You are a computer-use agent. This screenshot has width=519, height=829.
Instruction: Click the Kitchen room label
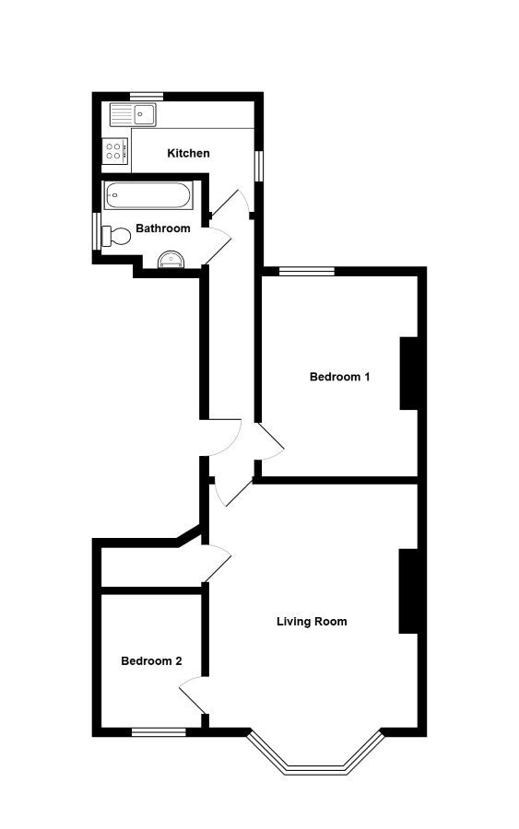(x=188, y=153)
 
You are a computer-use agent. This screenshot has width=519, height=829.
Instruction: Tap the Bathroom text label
(x=163, y=228)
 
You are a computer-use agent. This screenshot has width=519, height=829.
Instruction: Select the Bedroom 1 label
(x=339, y=377)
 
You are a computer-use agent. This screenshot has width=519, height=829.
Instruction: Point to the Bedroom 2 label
(x=151, y=660)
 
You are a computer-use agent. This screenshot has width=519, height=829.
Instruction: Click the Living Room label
(x=313, y=622)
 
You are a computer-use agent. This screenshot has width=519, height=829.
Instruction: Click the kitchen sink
(x=133, y=115)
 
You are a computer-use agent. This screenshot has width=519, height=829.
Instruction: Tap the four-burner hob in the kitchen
(x=115, y=149)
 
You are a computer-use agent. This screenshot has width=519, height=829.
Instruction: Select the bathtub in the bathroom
(x=147, y=195)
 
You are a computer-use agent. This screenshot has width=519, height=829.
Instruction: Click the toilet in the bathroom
(x=116, y=236)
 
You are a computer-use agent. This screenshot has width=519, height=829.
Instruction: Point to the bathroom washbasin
(x=171, y=260)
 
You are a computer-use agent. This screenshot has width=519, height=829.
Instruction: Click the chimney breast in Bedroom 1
(x=409, y=373)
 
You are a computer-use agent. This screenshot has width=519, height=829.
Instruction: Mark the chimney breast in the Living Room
(x=408, y=591)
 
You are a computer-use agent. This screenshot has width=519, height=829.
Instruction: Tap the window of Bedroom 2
(x=159, y=732)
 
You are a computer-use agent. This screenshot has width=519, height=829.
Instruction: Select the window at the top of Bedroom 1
(x=307, y=272)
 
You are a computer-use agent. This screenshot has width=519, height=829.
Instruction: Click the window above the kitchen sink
(x=147, y=97)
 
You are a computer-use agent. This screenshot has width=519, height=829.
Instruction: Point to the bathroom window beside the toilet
(x=97, y=230)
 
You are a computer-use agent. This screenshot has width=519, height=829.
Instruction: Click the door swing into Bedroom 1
(x=271, y=441)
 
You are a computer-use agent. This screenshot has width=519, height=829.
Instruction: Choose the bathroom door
(x=218, y=245)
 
